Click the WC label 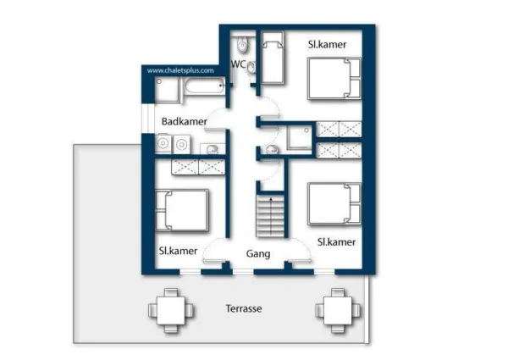point(239,64)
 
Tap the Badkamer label point(184,121)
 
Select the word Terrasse point(244,308)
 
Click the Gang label point(258,254)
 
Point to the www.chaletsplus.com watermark point(180,70)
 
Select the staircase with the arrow point(270,215)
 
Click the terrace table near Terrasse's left point(171,310)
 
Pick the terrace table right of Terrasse point(338,310)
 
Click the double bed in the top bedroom point(334,79)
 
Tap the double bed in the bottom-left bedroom point(182,210)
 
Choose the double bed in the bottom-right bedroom point(334,204)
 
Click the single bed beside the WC point(273,58)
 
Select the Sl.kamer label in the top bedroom point(327,44)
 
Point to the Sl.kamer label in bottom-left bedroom point(178,251)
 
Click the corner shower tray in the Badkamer point(167,90)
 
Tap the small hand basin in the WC point(251,68)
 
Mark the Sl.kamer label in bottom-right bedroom point(336,242)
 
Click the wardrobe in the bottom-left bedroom point(198,167)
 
